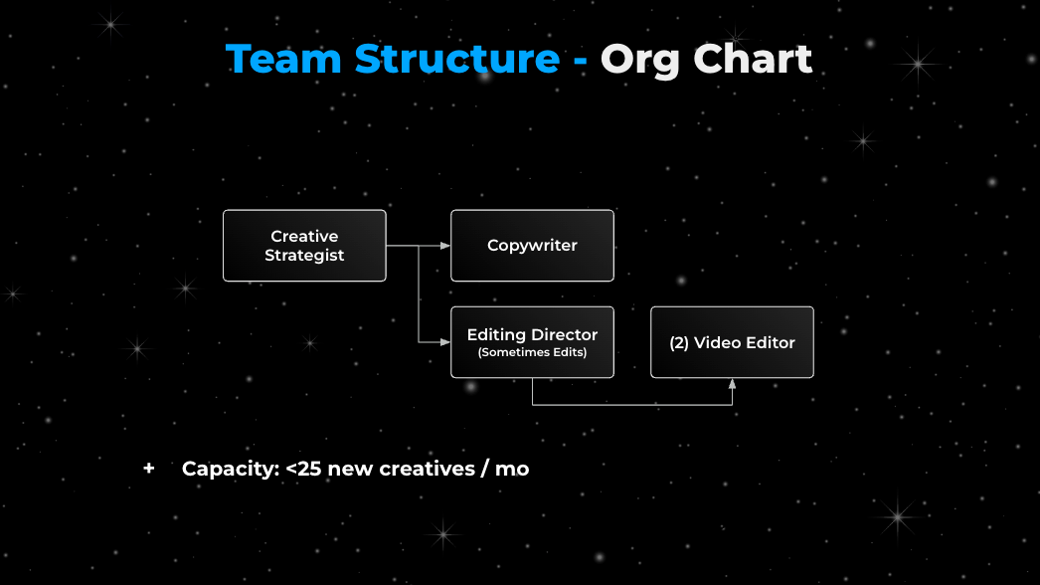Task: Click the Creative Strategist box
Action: [304, 246]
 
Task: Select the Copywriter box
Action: [532, 246]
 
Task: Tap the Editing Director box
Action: [532, 342]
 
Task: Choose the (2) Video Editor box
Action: [732, 342]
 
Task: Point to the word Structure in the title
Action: [457, 60]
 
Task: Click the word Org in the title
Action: [640, 60]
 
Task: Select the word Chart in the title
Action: [753, 60]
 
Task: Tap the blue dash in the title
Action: [580, 62]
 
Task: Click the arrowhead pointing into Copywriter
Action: [445, 246]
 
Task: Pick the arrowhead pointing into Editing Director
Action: [445, 342]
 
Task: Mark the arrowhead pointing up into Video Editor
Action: [733, 383]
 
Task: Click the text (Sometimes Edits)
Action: [532, 353]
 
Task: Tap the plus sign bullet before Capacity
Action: [149, 469]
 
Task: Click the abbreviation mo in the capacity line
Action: [512, 469]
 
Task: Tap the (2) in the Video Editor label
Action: [679, 342]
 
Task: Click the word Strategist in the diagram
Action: [304, 256]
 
